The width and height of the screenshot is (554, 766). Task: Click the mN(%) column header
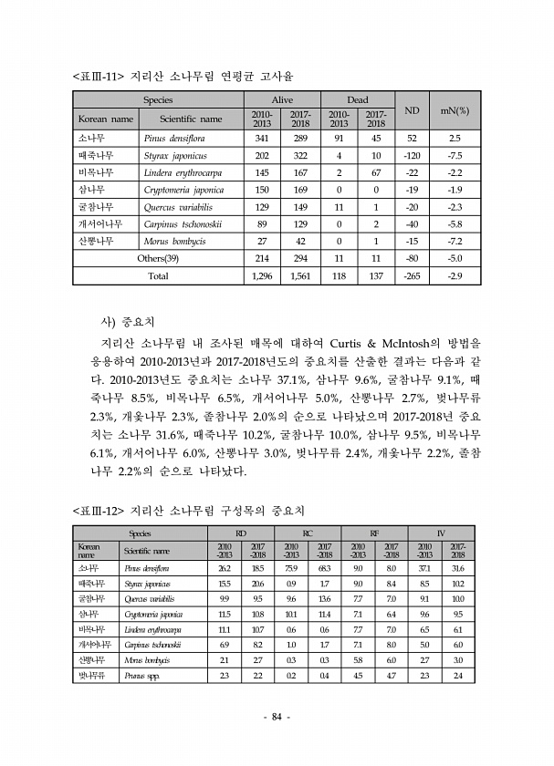(455, 111)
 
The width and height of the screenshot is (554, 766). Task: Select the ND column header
(412, 111)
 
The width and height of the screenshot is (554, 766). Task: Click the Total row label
(158, 274)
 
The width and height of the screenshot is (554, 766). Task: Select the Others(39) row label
(158, 258)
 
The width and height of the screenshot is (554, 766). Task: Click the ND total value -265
(412, 274)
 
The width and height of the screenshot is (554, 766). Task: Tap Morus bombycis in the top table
(174, 241)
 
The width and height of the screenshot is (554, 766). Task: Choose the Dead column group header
(357, 98)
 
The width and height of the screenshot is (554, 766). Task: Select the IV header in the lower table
(441, 533)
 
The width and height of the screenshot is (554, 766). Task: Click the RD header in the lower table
(240, 533)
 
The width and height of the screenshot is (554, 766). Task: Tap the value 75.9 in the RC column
(290, 568)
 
